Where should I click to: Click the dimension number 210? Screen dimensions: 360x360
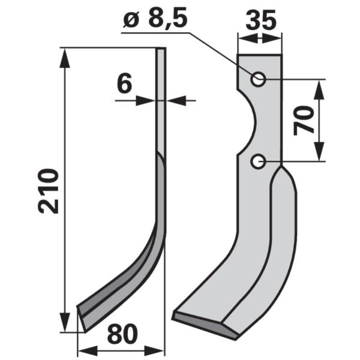(x=48, y=191)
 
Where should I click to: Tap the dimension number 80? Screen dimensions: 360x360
(x=122, y=334)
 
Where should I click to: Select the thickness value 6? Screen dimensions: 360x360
(x=124, y=83)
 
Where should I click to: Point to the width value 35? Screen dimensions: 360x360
(x=261, y=20)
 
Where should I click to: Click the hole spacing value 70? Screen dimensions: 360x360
(x=304, y=120)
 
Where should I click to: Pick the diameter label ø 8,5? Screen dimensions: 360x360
(x=155, y=18)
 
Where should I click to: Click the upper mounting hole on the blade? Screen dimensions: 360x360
(x=258, y=79)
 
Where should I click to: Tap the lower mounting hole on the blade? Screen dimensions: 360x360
(x=258, y=161)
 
